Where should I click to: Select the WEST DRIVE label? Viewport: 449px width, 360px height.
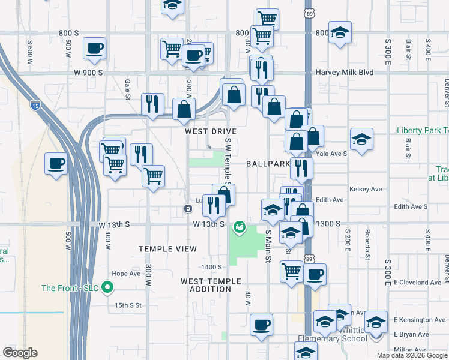[211, 131]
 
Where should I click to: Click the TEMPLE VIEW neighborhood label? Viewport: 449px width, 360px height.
[168, 249]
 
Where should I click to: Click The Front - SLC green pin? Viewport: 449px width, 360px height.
[108, 288]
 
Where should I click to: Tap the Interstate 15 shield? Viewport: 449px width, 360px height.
[35, 106]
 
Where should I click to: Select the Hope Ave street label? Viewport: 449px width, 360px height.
[126, 274]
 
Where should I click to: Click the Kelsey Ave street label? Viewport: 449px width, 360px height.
[365, 189]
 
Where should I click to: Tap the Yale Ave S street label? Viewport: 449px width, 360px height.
[331, 154]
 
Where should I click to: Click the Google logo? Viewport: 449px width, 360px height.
[20, 353]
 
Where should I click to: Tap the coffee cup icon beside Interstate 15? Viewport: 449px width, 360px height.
[56, 163]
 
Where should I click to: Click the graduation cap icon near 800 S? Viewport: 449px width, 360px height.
[340, 33]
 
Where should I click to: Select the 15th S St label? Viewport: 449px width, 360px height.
[128, 305]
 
